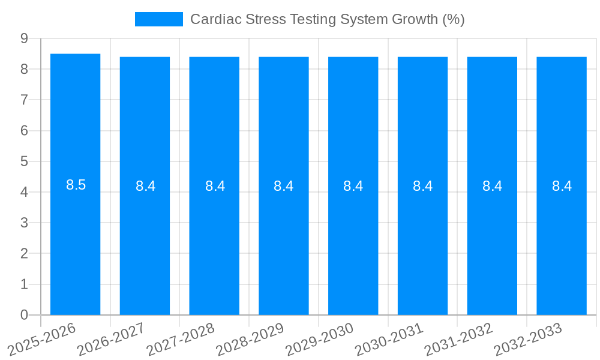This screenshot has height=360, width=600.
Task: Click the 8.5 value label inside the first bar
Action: click(76, 185)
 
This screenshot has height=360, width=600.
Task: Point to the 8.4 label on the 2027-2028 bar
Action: click(215, 186)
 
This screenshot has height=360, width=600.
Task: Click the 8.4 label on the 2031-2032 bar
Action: click(492, 186)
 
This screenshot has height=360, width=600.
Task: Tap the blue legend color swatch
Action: click(158, 19)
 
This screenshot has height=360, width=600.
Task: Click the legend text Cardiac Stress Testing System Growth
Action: click(327, 19)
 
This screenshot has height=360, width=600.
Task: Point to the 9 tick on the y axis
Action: click(24, 38)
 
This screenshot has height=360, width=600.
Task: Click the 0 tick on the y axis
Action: click(24, 314)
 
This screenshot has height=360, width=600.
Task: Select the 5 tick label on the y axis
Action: click(24, 161)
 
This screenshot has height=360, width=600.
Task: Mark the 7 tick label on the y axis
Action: click(24, 100)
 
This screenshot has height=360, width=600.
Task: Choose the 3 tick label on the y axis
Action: click(24, 223)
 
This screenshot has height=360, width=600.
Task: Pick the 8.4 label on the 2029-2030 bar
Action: click(353, 186)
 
